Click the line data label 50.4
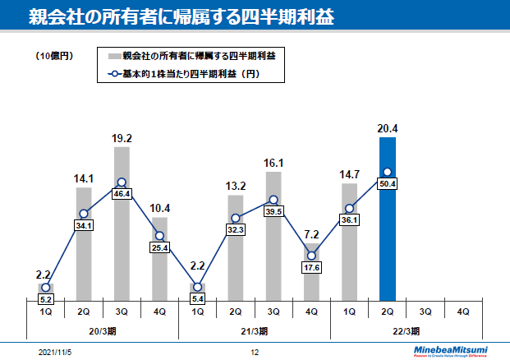(388, 184)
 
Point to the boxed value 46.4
(122, 194)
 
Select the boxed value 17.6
(311, 266)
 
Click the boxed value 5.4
(197, 298)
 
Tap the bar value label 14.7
(350, 173)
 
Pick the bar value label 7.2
(311, 234)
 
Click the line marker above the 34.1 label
(84, 213)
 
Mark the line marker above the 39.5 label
(273, 200)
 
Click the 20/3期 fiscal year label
(103, 331)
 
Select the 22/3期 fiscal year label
(407, 331)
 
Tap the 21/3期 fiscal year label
(255, 331)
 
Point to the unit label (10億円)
(55, 56)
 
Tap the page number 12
(255, 351)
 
